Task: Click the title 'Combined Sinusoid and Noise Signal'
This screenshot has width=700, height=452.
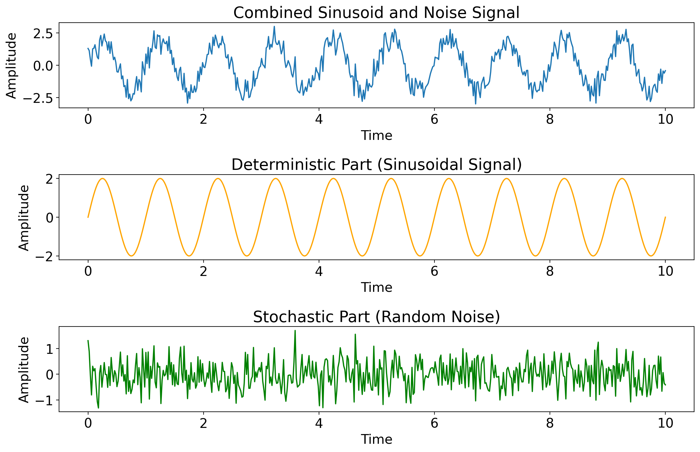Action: tap(376, 13)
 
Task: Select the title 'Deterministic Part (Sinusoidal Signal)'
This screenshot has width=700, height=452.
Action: tap(376, 165)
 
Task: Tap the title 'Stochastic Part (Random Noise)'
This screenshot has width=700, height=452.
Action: tap(376, 317)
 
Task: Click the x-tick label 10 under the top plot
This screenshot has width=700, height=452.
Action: tap(665, 120)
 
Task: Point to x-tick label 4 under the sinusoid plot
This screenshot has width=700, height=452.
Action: tap(319, 271)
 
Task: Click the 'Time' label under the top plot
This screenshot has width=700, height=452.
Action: tap(376, 135)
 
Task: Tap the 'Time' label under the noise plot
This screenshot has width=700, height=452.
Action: tap(376, 439)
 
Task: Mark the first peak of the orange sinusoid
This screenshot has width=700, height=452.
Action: tap(103, 179)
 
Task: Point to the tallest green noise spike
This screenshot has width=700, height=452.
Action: tap(295, 331)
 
